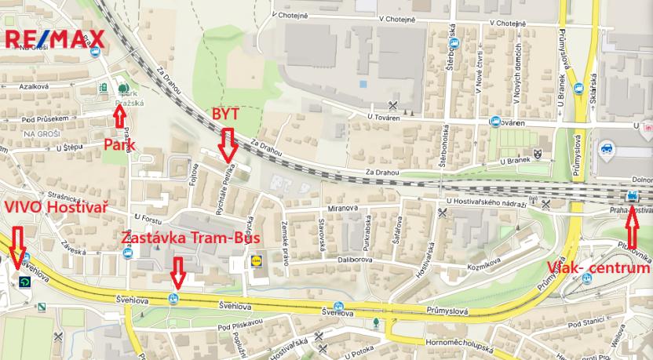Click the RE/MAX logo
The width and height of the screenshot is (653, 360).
[x=55, y=38]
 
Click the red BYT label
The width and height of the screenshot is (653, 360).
[x=225, y=115]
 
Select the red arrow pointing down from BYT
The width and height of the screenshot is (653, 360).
[x=228, y=144]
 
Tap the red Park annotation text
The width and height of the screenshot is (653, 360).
[x=120, y=144]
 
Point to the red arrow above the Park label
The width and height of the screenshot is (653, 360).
[x=119, y=116]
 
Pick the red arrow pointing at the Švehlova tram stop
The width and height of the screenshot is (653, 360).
[x=178, y=271]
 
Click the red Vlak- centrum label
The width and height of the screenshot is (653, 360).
[x=599, y=268]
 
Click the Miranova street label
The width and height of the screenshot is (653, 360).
[x=343, y=209]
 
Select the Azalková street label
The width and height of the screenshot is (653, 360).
[x=31, y=87]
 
